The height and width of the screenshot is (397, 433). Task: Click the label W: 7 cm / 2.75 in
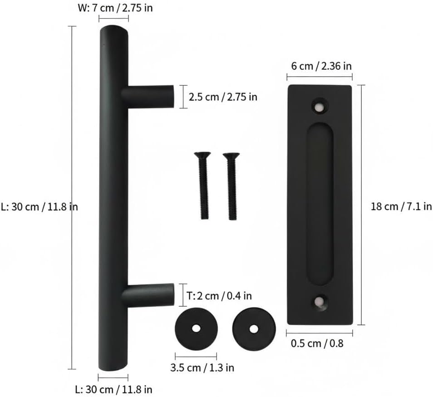tap(115, 8)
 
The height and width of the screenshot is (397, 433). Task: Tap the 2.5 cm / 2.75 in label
tap(223, 97)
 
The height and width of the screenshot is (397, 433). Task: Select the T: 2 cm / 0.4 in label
tap(219, 296)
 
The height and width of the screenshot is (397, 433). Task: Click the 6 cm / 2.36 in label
tap(321, 66)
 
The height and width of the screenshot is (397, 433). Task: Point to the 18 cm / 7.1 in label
tap(401, 206)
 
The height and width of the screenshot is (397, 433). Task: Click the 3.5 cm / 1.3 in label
tap(202, 368)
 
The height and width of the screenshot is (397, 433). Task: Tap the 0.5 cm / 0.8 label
tap(317, 343)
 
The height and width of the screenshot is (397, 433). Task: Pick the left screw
tap(203, 186)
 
